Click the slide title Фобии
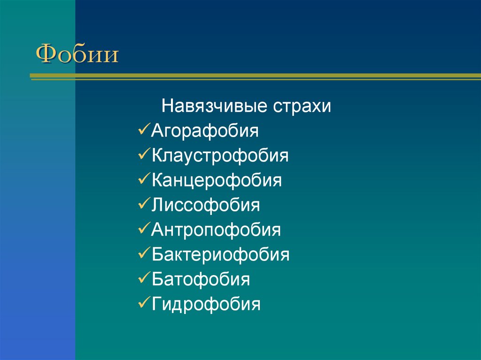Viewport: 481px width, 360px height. point(78,54)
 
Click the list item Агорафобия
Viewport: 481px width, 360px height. point(205,130)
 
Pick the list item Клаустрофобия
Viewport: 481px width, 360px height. point(220,155)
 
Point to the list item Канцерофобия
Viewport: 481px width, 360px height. point(217,180)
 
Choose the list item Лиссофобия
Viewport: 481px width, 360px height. point(205,205)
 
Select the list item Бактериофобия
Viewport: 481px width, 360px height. point(220,255)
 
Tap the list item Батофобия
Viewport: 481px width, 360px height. point(201,280)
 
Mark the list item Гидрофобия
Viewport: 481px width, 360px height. point(206,305)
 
